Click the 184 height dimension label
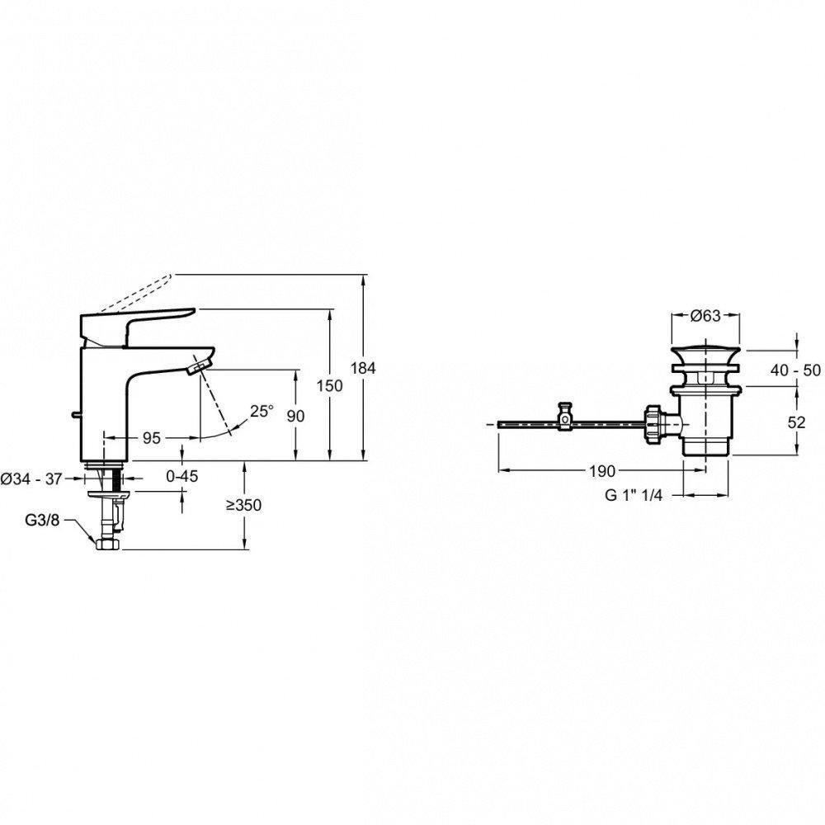pyautogui.click(x=363, y=368)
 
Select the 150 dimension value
pyautogui.click(x=329, y=385)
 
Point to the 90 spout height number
pyautogui.click(x=295, y=416)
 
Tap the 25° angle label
pyautogui.click(x=262, y=411)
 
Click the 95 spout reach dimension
pyautogui.click(x=152, y=437)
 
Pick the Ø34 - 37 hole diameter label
pyautogui.click(x=31, y=478)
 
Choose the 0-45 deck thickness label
pyautogui.click(x=182, y=476)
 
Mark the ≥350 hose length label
pyautogui.click(x=244, y=505)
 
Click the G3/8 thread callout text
pyautogui.click(x=43, y=521)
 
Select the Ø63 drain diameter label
pyautogui.click(x=705, y=316)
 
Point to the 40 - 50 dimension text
pyautogui.click(x=795, y=370)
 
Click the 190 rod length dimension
pyautogui.click(x=602, y=471)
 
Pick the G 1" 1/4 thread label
pyautogui.click(x=634, y=495)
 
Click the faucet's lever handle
pyautogui.click(x=136, y=325)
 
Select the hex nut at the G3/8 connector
pyautogui.click(x=108, y=544)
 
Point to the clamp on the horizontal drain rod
pyautogui.click(x=565, y=417)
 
